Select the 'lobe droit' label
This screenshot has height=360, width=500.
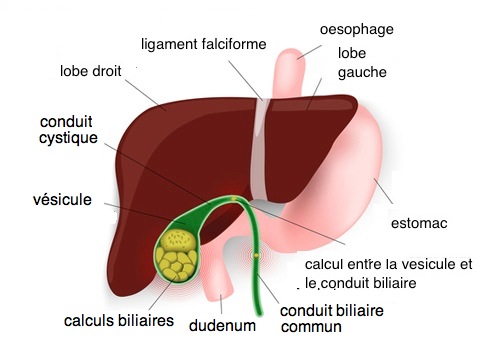click(x=99, y=72)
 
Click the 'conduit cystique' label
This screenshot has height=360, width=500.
click(x=69, y=130)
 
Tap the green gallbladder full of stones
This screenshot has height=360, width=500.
click(x=181, y=250)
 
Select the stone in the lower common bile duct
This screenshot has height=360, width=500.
click(x=257, y=258)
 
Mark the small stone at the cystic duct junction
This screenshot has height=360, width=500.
click(x=233, y=200)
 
